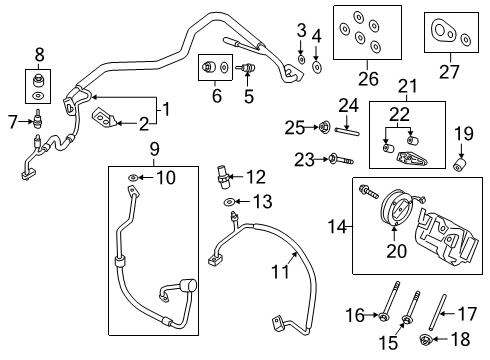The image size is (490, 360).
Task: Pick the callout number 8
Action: point(39,52)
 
